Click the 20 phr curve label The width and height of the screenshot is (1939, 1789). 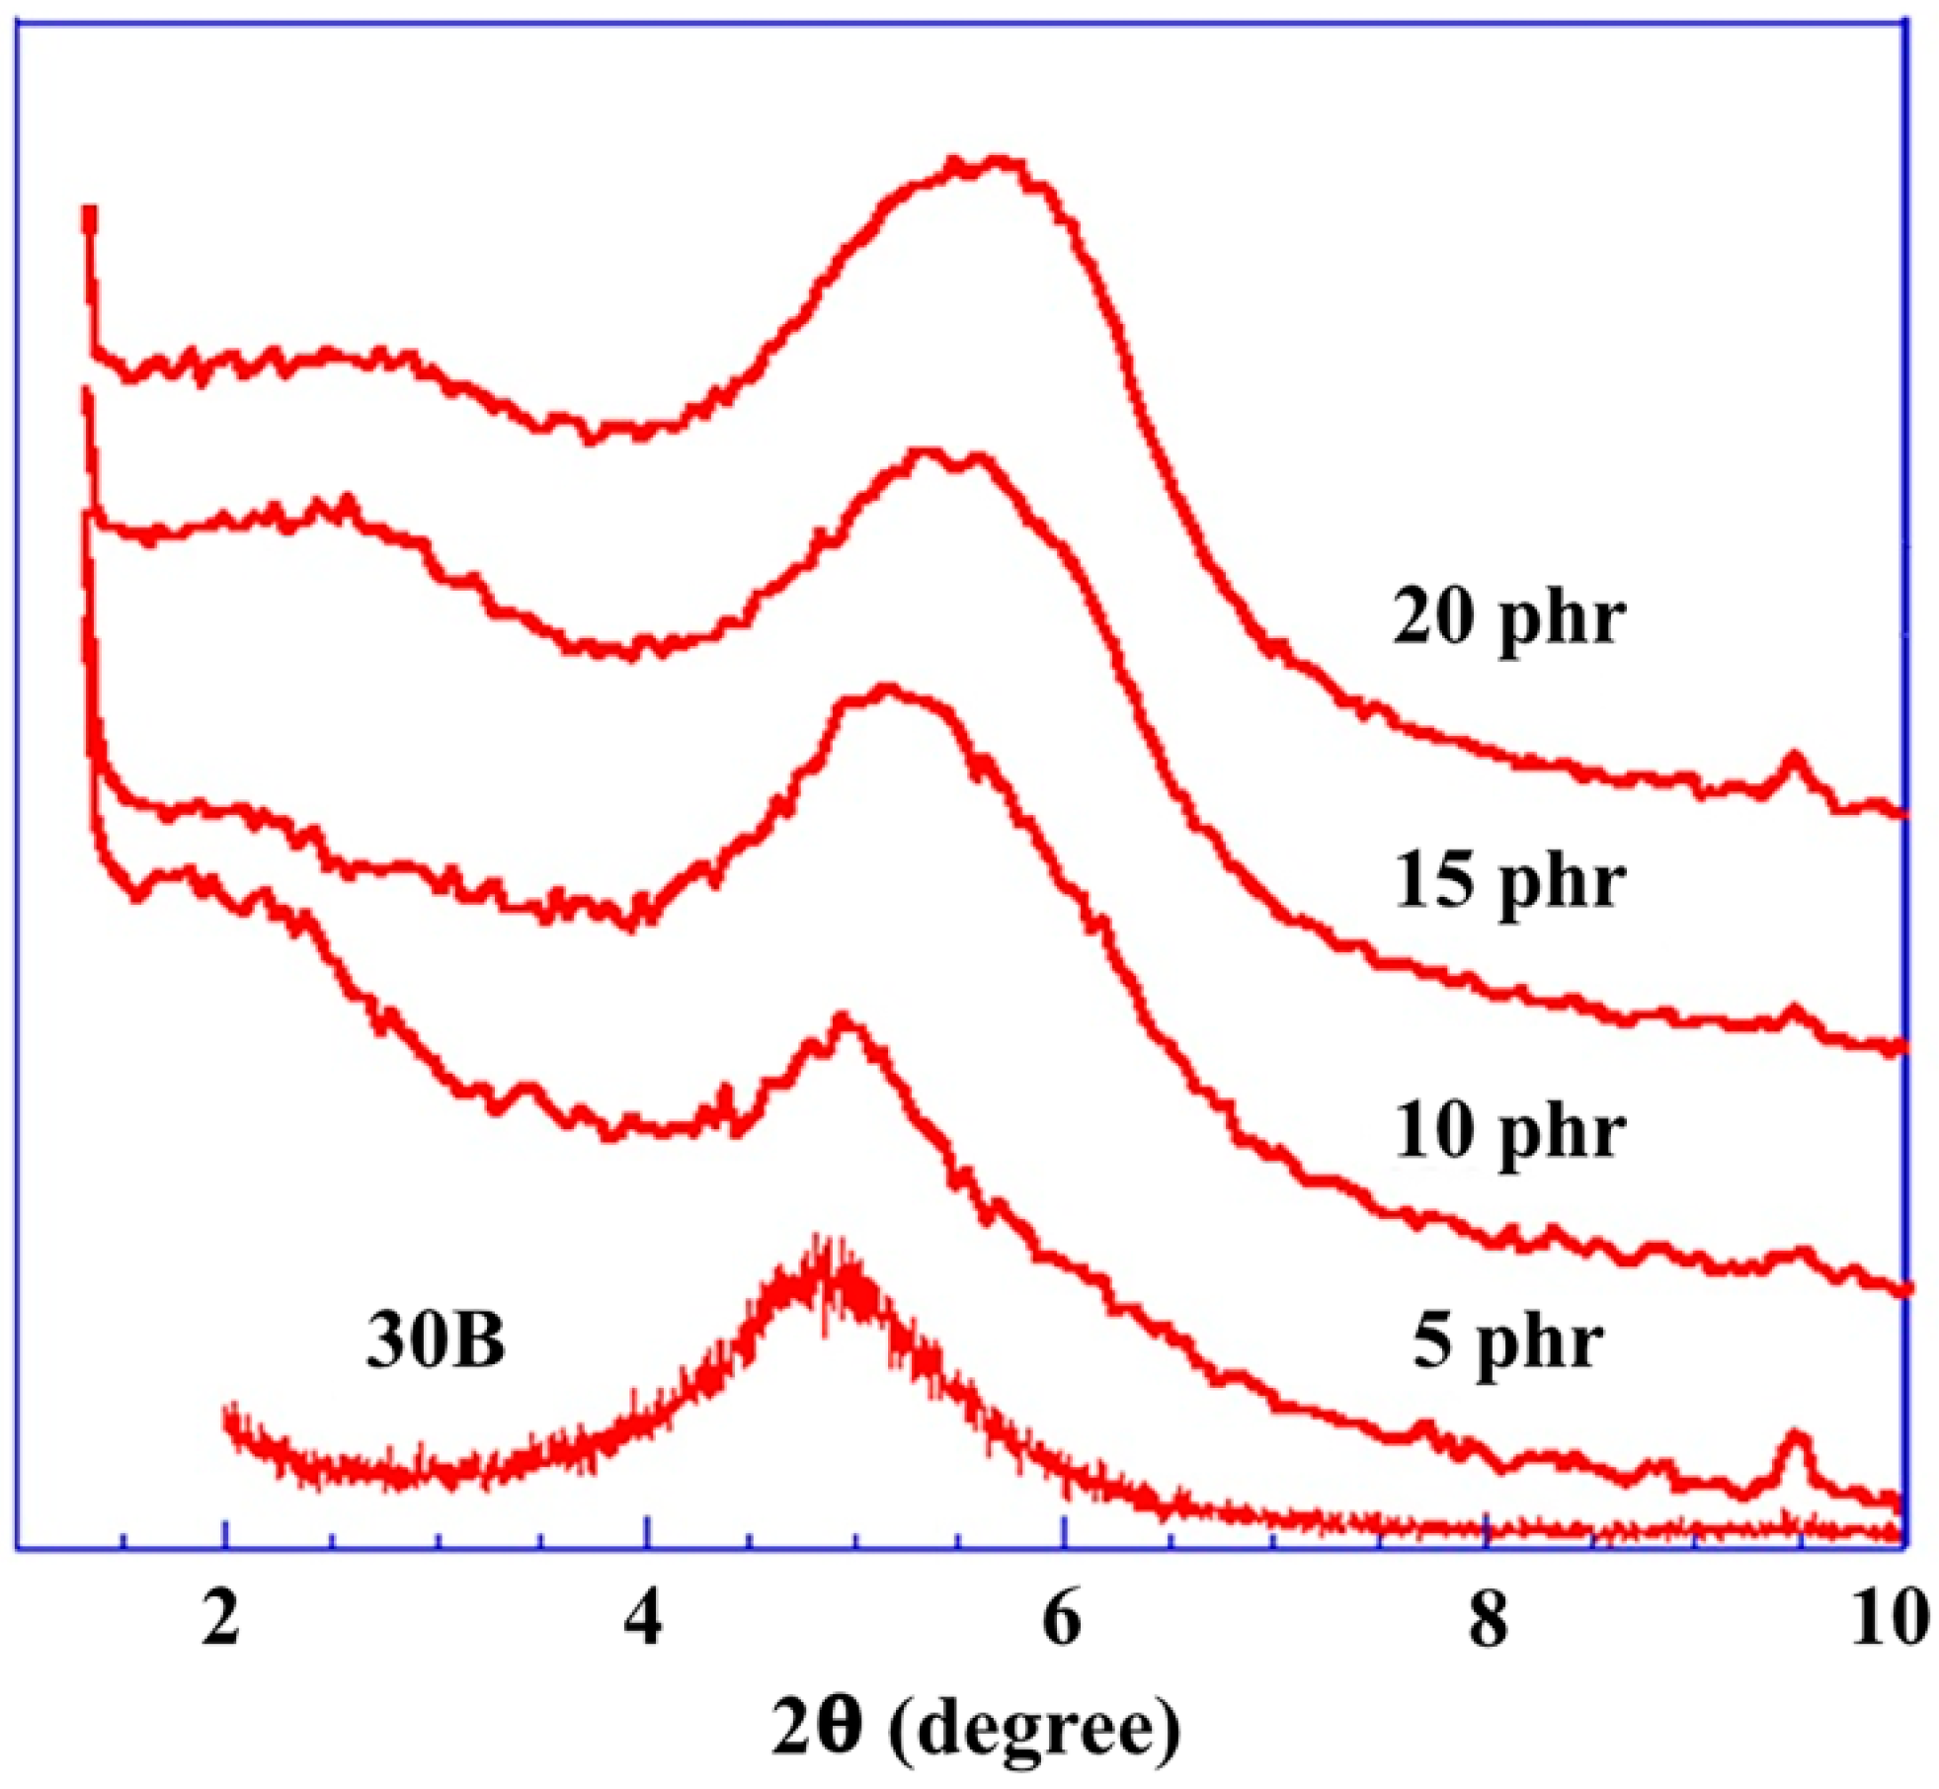[1508, 619]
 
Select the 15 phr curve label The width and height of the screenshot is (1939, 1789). [1508, 881]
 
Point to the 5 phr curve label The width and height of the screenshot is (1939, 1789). [1508, 1343]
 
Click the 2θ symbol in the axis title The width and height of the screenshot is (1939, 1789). [817, 1726]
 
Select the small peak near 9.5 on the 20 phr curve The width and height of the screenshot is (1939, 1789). [1794, 760]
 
